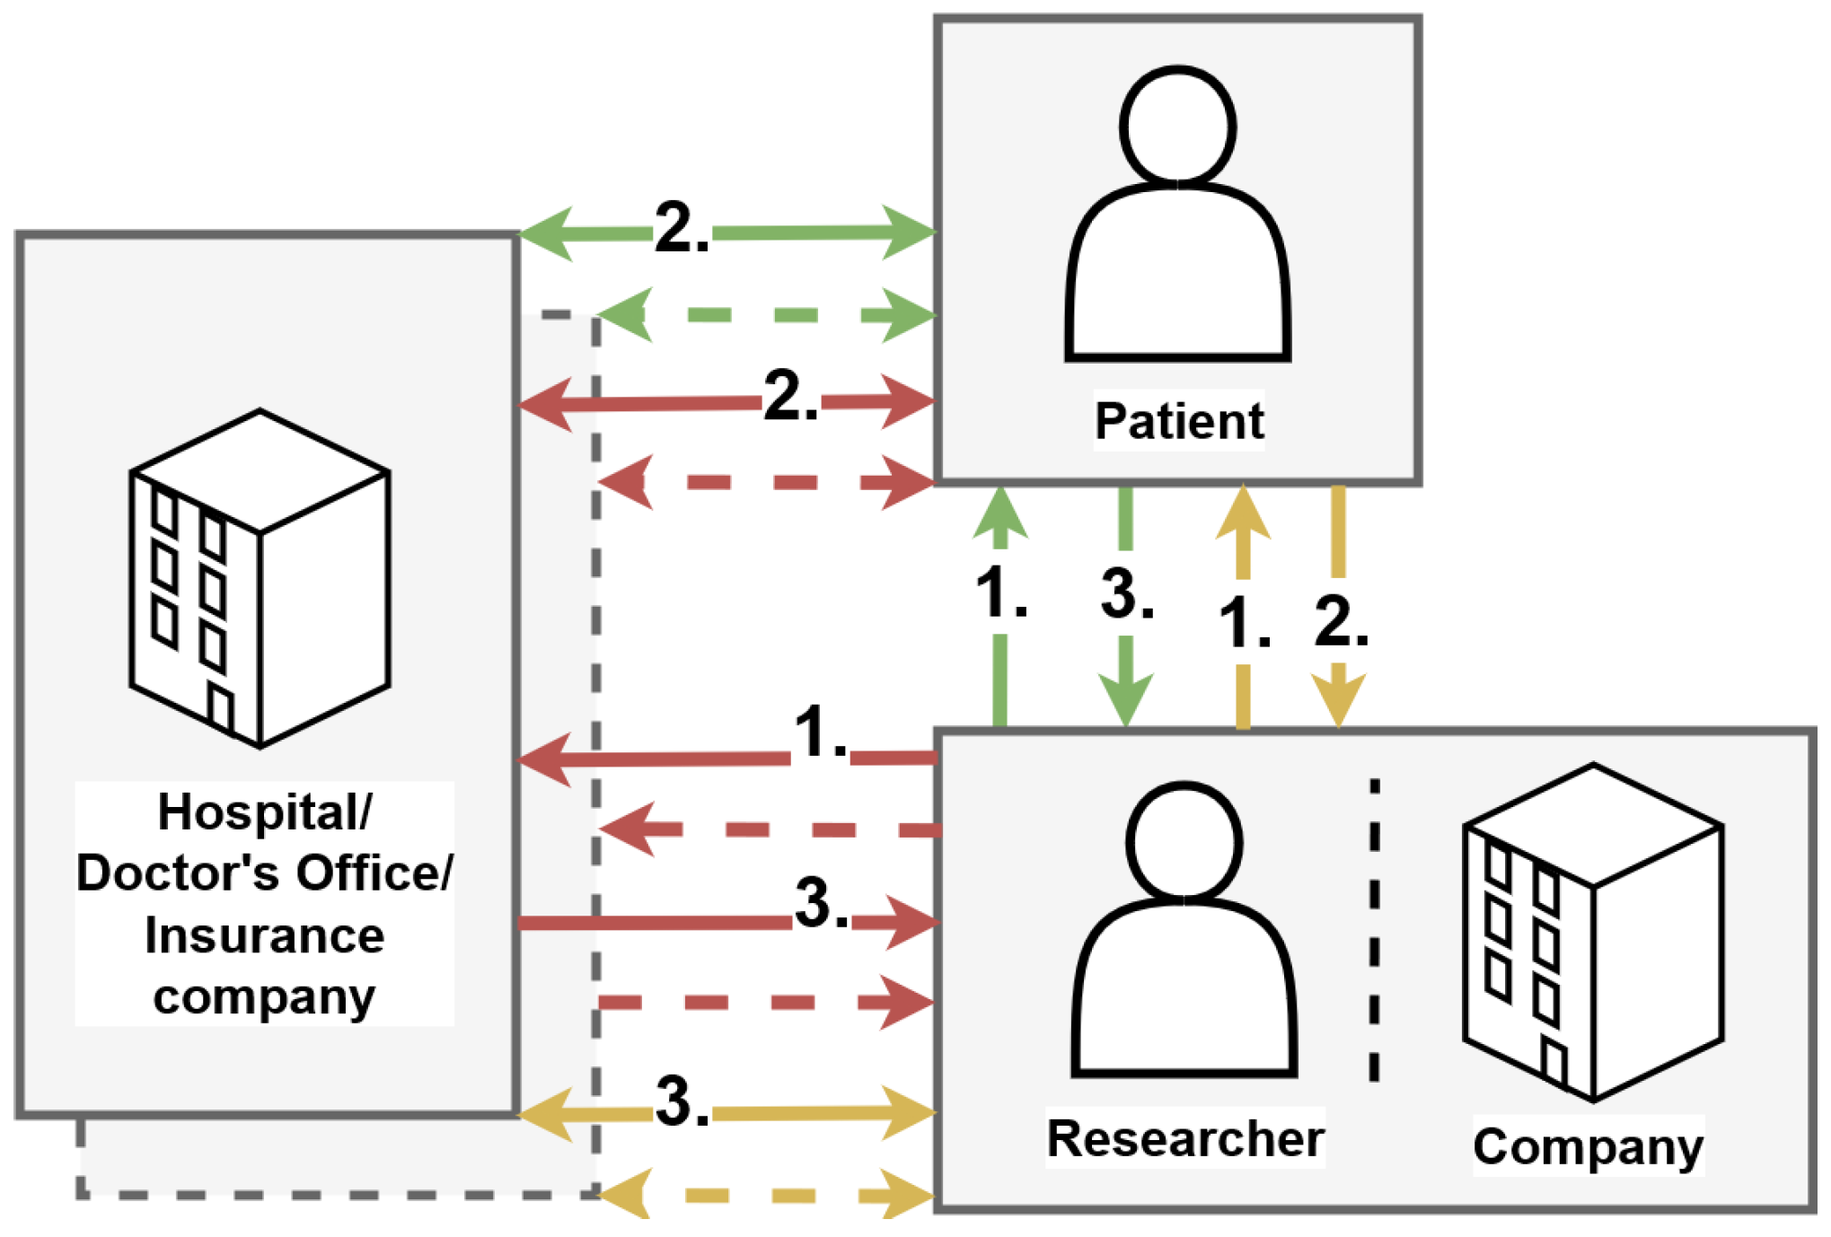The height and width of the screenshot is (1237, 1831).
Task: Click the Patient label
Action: pos(1178,421)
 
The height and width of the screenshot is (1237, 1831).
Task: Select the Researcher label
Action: pos(1184,1139)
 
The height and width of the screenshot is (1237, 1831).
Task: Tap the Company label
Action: pos(1588,1146)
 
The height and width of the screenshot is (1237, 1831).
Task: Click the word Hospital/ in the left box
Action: pos(264,812)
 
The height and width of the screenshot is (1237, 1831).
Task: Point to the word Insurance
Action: pos(264,935)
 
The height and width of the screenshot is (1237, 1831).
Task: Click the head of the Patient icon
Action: pos(1177,126)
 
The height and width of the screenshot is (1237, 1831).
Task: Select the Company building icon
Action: pos(1593,934)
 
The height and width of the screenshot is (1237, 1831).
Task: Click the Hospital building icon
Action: pos(260,579)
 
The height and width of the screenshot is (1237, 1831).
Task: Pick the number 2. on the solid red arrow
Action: pos(790,396)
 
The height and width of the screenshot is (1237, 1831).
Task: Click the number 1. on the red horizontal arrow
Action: pos(821,733)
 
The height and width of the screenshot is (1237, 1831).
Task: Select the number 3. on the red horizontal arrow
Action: pos(821,903)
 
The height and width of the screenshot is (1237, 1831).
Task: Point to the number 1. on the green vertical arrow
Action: pos(1000,594)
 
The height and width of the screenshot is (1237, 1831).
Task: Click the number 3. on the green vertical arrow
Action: pos(1126,594)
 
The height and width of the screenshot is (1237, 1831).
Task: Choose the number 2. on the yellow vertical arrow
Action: pos(1340,622)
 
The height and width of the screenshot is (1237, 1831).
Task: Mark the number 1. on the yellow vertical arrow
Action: pos(1245,623)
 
